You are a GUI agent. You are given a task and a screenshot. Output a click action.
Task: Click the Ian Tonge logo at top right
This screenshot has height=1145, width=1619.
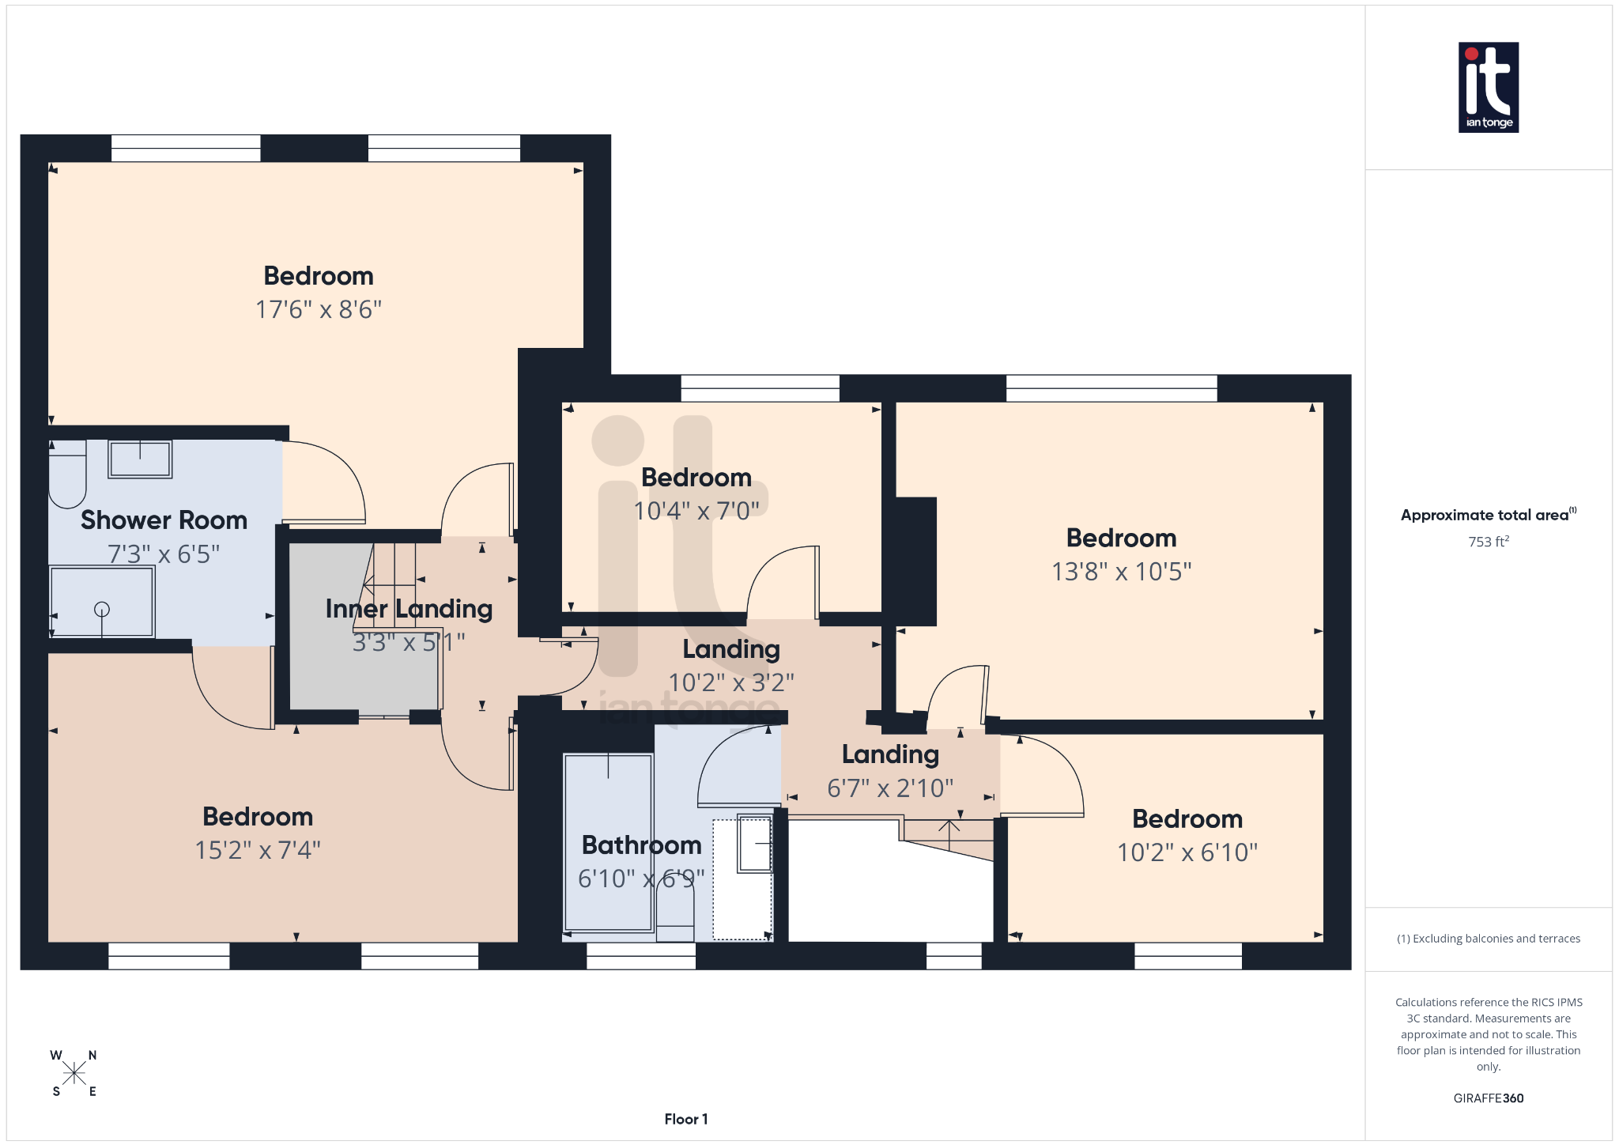(x=1488, y=87)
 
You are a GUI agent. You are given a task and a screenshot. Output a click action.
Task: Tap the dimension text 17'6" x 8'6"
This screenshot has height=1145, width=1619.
(x=318, y=309)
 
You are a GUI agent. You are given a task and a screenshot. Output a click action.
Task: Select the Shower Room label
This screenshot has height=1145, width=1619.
(x=164, y=520)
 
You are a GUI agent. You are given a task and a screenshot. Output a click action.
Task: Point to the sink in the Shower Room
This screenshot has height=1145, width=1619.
(x=140, y=459)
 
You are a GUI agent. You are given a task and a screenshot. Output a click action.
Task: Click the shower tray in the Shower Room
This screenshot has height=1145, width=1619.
(x=102, y=602)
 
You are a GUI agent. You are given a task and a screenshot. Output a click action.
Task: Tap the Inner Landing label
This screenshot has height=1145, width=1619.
(x=409, y=609)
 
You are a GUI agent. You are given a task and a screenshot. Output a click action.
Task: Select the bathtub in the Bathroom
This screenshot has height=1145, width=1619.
(x=608, y=842)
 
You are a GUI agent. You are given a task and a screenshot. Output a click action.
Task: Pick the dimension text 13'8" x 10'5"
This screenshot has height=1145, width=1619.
(x=1121, y=571)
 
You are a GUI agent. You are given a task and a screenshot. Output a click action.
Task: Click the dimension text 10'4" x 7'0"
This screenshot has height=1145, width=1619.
(x=696, y=511)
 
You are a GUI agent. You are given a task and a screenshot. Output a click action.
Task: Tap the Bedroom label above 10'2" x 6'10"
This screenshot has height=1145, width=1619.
(x=1187, y=819)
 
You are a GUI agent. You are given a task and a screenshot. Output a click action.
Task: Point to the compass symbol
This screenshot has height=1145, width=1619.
(x=74, y=1073)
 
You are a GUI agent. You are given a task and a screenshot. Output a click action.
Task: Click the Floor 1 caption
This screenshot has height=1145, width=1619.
(x=685, y=1119)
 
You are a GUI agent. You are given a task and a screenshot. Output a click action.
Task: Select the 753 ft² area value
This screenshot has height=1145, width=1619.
(x=1488, y=542)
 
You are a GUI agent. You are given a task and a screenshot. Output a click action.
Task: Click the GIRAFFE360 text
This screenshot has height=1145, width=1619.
(x=1488, y=1098)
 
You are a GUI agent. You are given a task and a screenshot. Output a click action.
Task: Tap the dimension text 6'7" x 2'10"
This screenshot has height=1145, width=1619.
(x=890, y=788)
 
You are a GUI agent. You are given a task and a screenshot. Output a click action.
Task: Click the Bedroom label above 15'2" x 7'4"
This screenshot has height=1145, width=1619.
(x=258, y=817)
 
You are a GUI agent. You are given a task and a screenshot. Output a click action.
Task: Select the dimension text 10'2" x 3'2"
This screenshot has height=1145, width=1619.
(x=730, y=682)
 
